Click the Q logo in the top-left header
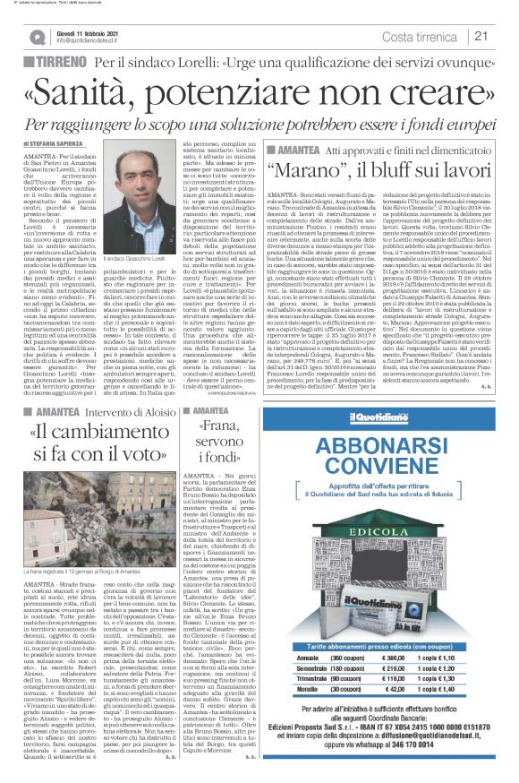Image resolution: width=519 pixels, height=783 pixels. [x=37, y=37]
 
